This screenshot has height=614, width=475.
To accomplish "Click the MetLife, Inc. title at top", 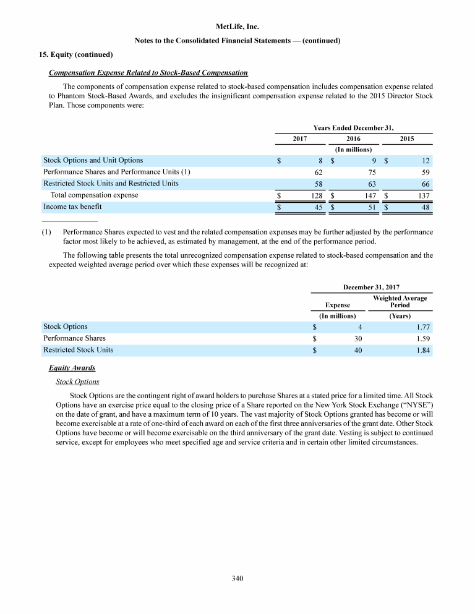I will tap(237, 27).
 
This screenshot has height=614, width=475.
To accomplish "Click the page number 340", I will tap(237, 578).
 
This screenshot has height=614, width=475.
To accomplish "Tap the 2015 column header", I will tap(407, 139).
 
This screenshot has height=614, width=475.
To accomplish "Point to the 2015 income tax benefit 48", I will tap(425, 207).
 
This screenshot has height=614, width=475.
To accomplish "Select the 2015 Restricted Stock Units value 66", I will tap(425, 184).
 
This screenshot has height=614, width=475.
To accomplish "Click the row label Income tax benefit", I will tap(72, 207).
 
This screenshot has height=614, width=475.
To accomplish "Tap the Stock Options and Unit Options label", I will tap(93, 160).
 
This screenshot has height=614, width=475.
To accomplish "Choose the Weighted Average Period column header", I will tap(400, 301).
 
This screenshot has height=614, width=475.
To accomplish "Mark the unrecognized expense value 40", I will tap(358, 350).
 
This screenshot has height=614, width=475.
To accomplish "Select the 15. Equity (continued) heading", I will tap(69, 54).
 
